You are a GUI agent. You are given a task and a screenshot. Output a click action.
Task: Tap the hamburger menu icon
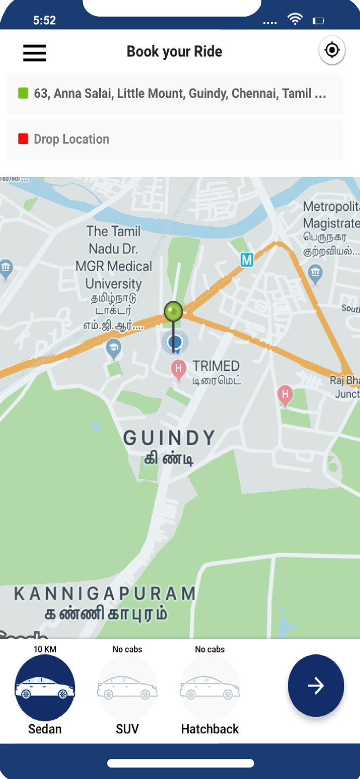coord(35,52)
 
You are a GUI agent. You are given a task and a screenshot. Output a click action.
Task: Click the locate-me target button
coord(331,50)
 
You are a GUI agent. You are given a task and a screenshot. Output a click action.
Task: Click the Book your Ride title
coord(175,51)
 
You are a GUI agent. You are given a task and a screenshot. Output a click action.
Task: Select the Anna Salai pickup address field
coord(180,94)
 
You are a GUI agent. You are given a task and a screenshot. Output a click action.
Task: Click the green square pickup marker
coord(23,93)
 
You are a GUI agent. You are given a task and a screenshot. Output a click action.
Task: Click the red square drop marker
coord(23,139)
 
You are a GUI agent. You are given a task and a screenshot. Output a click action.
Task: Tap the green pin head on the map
coord(174,312)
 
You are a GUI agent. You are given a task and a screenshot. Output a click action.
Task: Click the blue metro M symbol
coord(247,260)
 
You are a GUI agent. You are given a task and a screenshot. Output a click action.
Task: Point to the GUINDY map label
coord(169,438)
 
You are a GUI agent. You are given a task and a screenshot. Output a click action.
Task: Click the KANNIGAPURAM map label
coord(105,594)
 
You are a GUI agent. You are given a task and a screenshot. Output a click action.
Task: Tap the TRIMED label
coord(216,366)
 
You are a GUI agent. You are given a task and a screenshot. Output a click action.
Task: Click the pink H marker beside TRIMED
coord(179,370)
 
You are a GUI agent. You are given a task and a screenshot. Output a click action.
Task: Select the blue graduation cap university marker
coord(113,348)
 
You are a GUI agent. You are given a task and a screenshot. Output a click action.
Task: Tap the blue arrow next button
coord(316,686)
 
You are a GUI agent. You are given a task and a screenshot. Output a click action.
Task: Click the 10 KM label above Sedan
coord(45,649)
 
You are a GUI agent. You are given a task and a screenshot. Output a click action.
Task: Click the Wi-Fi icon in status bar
coord(295,20)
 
